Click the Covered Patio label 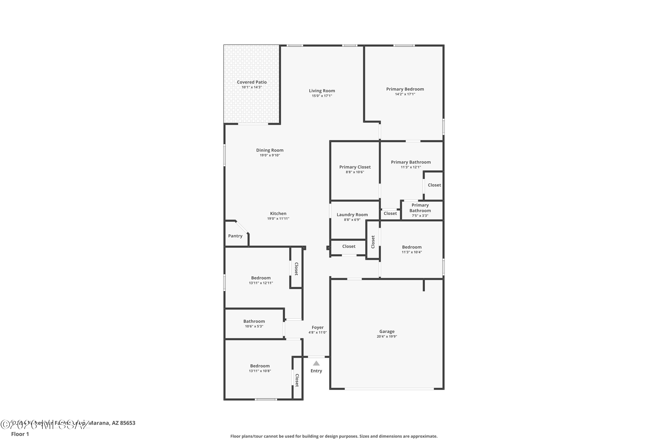point(252,82)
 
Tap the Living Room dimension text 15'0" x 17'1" point(322,96)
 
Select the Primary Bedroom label point(405,89)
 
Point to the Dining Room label point(269,150)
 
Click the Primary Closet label point(355,167)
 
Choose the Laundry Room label point(352,214)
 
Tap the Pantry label point(235,236)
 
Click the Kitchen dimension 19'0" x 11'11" point(278,218)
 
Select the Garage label point(387,331)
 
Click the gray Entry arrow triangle point(316,363)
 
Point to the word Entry point(316,371)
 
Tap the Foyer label point(318,327)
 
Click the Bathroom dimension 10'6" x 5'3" point(254,326)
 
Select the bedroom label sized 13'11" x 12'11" point(261,278)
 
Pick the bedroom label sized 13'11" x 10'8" point(260,366)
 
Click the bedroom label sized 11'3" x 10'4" point(411,247)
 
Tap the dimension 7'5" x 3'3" point(420,216)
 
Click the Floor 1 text point(20,434)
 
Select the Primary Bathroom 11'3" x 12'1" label point(411,162)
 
